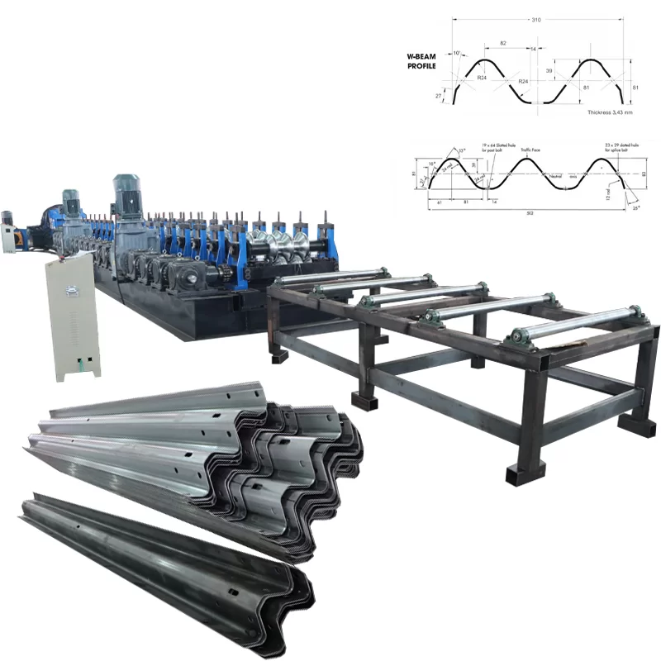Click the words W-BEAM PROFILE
coord(421,61)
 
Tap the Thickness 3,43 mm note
coord(610,111)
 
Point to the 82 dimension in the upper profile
coord(503,43)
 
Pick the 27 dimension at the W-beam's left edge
coord(439,96)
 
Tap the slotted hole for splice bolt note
coord(621,148)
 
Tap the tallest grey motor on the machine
coord(129,198)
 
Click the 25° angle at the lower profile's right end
coord(635,208)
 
